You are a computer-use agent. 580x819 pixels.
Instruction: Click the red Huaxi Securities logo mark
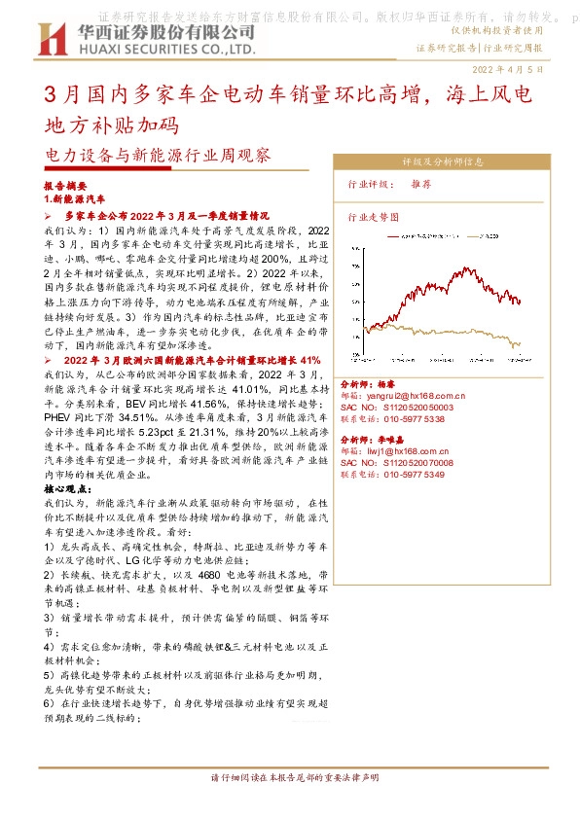pyautogui.click(x=48, y=38)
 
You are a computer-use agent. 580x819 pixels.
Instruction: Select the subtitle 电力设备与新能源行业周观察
pyautogui.click(x=157, y=155)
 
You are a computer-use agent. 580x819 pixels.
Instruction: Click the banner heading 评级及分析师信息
pyautogui.click(x=442, y=162)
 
